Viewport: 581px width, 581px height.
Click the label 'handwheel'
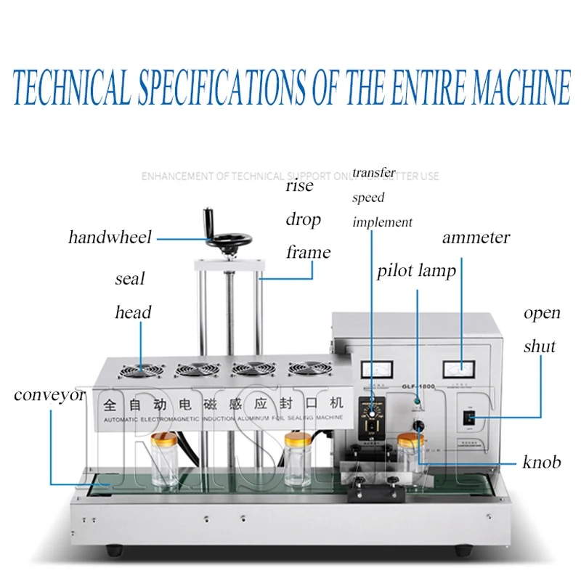click(110, 237)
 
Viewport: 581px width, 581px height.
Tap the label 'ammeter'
click(476, 237)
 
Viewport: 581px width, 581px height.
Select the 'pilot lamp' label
click(416, 272)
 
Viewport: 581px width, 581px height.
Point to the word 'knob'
click(541, 462)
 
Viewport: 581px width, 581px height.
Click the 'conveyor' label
click(49, 396)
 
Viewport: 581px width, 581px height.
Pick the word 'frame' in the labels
click(308, 253)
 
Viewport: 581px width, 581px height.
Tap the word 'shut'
click(540, 346)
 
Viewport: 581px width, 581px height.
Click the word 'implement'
click(382, 222)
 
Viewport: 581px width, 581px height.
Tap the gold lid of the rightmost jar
click(410, 440)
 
